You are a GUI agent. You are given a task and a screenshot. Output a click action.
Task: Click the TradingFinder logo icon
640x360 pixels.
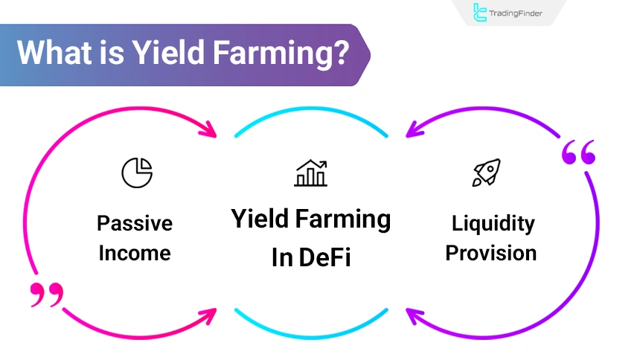481,13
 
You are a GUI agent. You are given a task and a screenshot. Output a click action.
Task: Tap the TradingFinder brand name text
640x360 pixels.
518,13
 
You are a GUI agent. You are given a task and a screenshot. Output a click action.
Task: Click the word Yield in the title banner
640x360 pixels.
162,54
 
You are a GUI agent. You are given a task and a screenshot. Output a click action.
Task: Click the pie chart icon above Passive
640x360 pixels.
137,173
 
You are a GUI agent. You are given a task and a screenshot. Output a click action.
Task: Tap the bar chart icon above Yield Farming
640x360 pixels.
310,173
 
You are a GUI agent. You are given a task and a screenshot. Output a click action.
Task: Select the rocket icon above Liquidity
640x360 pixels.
486,173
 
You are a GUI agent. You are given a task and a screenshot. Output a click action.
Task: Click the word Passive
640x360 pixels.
135,223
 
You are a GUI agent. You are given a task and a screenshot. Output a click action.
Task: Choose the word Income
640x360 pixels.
135,253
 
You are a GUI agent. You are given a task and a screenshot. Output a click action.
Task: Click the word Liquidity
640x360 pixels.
493,223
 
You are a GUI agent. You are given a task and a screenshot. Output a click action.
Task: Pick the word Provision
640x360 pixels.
491,253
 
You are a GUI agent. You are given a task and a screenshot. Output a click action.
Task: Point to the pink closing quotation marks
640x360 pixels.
47,295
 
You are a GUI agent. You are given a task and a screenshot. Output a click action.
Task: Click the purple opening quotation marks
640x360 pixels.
578,153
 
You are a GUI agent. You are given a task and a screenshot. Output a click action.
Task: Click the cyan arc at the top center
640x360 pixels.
311,119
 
